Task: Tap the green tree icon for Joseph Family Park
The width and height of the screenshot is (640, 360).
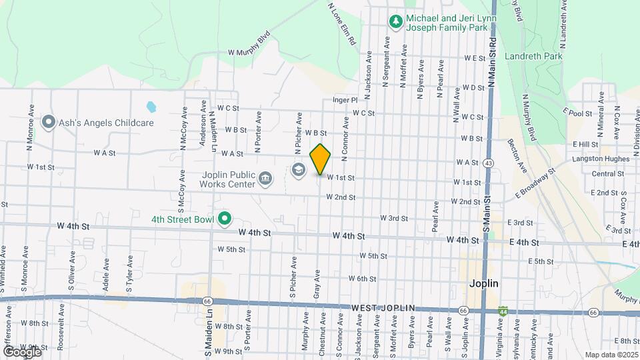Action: coord(396,21)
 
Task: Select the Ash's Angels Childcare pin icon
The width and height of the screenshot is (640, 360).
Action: coord(48,123)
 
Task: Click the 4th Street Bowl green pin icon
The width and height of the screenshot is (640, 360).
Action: coord(225,218)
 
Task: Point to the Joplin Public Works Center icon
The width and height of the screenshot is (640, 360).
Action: coord(265,178)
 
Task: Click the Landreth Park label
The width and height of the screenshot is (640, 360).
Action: coord(533,56)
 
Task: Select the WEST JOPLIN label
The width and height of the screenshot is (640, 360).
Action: coord(383,308)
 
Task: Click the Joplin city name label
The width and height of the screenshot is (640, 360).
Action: coord(483,283)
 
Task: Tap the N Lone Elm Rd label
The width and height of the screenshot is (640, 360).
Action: coord(342,23)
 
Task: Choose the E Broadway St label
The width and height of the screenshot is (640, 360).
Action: coord(535,183)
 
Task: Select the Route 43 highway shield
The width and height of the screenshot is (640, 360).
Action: coord(490,163)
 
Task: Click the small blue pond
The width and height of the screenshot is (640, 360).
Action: coord(151,106)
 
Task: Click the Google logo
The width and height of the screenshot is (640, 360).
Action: coord(21,351)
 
